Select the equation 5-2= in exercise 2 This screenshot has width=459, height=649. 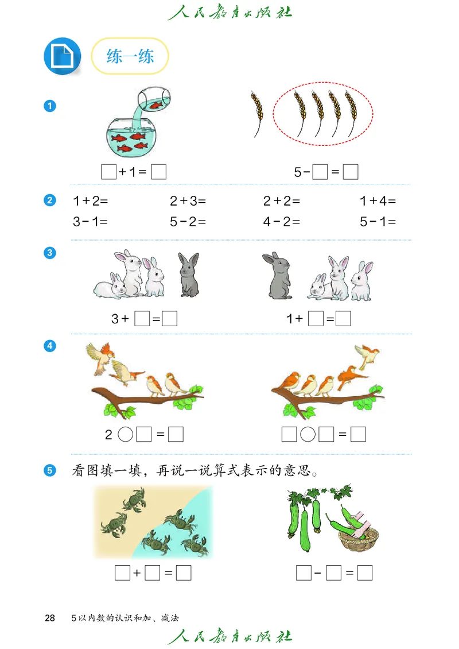188,222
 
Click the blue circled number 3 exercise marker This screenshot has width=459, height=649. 50,253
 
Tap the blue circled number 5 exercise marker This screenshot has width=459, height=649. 50,471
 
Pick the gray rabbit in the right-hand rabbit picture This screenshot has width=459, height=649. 277,276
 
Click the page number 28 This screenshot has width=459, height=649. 50,618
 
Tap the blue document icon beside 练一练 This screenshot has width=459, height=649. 63,56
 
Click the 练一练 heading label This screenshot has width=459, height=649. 130,56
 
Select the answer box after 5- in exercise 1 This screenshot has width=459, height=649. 320,171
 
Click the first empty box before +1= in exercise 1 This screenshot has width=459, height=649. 108,171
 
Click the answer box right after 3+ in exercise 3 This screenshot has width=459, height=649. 142,318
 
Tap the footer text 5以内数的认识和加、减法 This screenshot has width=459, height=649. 125,619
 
